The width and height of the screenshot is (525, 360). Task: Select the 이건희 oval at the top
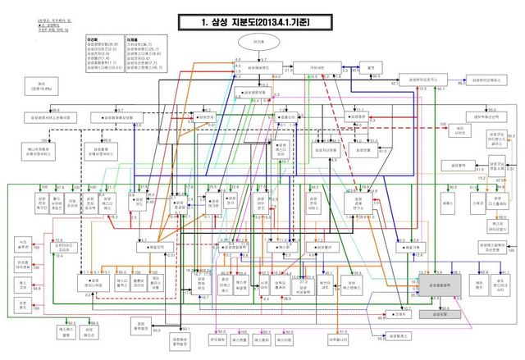(x=258, y=43)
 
